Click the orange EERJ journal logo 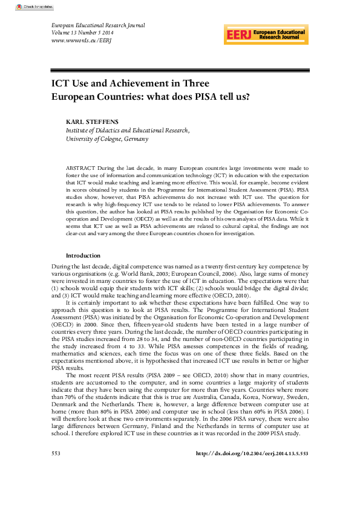tap(266, 34)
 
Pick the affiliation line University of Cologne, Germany tap(106, 138)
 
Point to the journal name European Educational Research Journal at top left tap(95, 25)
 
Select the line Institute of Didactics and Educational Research tap(127, 130)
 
